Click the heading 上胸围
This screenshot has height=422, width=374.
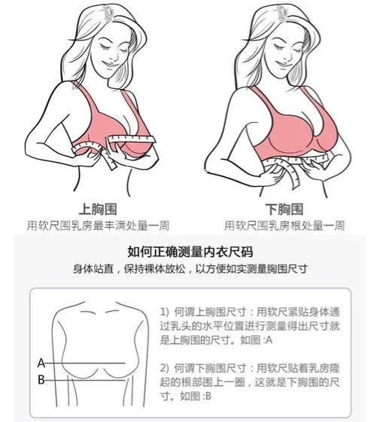click(97, 209)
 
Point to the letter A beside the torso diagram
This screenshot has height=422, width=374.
click(41, 362)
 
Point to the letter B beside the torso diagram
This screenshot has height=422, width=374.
click(41, 380)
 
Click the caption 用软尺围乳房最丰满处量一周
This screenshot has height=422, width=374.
click(97, 225)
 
